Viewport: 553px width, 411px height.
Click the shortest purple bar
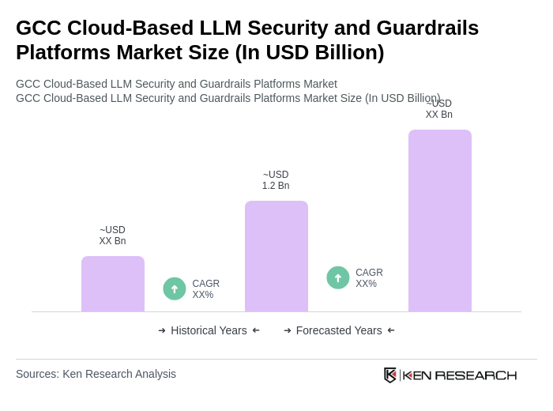(113, 284)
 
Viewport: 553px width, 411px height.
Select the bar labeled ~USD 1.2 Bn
(276, 256)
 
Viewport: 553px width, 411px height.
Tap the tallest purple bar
(440, 221)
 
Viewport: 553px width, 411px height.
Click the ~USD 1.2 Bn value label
(276, 180)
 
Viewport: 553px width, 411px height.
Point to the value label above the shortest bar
(112, 236)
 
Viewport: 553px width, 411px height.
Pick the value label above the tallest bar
(439, 110)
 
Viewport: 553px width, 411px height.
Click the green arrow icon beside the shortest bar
(175, 288)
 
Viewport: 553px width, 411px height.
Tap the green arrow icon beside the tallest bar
(338, 277)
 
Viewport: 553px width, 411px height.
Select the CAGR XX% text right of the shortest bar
(205, 289)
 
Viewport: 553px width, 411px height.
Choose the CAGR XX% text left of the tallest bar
(369, 278)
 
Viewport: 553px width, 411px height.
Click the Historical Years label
(209, 330)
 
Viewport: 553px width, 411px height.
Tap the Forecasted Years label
(339, 330)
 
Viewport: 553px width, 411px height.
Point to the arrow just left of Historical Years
(162, 330)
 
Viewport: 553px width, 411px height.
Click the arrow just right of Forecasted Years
(391, 330)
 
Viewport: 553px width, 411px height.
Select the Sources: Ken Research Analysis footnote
(96, 374)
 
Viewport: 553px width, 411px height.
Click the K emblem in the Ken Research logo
(390, 375)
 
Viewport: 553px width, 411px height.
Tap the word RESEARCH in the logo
(476, 375)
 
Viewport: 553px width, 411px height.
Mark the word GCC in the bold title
(38, 28)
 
